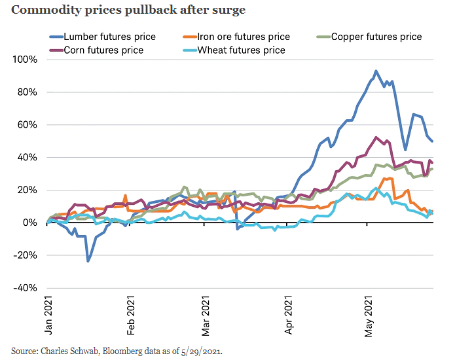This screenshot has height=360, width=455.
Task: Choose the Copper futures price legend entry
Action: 376,37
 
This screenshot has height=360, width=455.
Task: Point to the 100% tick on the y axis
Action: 24,60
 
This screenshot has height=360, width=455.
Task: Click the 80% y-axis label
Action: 27,92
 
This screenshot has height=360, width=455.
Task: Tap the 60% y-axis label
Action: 27,125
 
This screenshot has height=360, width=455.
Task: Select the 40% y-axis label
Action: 27,158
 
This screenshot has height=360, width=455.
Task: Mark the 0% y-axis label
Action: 29,223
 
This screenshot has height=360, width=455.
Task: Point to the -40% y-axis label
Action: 26,288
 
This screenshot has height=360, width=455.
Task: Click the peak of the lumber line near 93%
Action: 376,71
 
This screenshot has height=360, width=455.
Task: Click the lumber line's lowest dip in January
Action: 88,261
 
